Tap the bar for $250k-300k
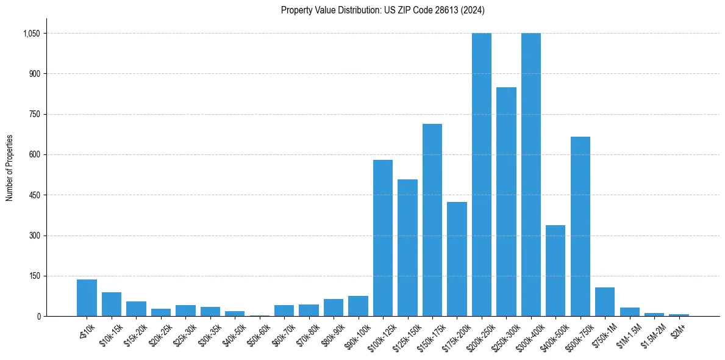point(506,201)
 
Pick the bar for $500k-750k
point(580,226)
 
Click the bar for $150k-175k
point(432,220)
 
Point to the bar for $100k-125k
point(383,238)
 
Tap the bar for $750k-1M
point(605,301)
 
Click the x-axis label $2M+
point(677,327)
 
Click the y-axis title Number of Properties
point(9,167)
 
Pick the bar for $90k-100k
point(359,306)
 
